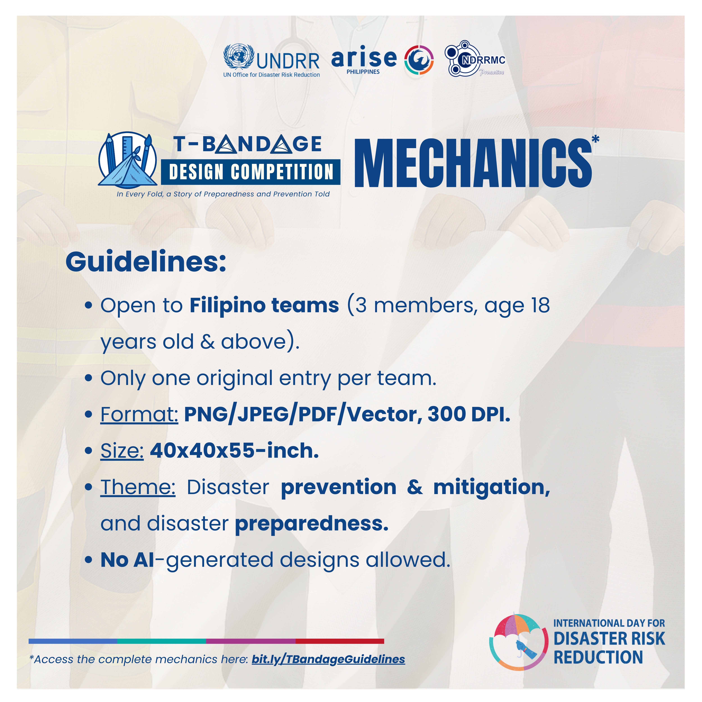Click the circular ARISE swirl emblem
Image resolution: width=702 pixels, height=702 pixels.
[419, 60]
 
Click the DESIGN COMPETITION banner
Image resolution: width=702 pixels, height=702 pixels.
[251, 172]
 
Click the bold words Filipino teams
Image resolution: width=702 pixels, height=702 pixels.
[264, 305]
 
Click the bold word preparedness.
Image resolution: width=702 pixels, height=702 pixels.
[312, 524]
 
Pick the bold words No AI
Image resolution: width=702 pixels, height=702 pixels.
[127, 560]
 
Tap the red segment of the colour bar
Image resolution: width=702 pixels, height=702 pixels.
[340, 641]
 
